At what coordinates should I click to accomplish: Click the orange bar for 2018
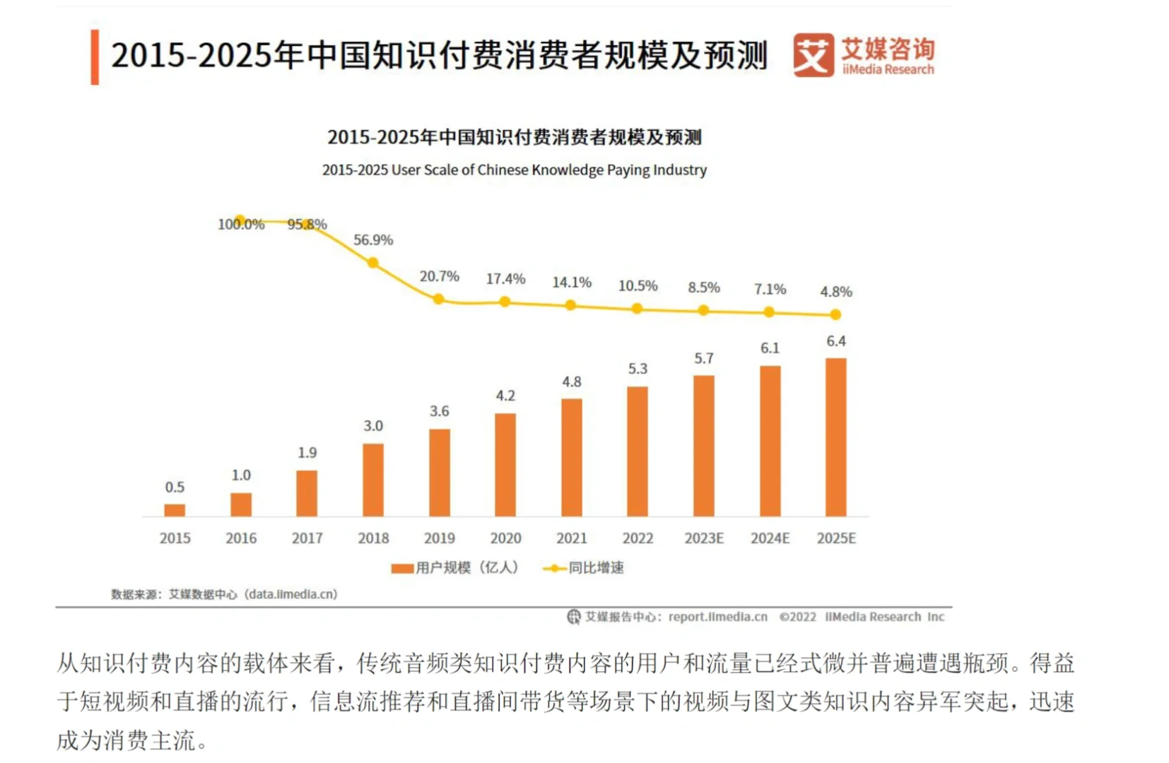click(x=372, y=480)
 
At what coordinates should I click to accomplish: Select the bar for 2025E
click(x=835, y=437)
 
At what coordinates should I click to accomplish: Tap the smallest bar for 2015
click(x=175, y=510)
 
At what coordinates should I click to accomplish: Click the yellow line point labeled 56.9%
click(x=372, y=263)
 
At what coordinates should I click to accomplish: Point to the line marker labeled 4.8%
click(x=835, y=314)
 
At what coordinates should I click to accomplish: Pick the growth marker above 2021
click(x=570, y=305)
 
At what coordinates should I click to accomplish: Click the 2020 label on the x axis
click(x=505, y=538)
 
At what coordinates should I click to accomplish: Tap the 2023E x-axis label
click(x=704, y=538)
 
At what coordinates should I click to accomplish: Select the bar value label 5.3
click(x=638, y=369)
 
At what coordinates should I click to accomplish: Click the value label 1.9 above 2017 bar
click(x=307, y=453)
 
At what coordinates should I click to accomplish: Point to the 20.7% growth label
click(x=439, y=276)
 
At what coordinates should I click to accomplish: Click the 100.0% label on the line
click(x=241, y=225)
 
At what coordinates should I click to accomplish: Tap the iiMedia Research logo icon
click(x=813, y=55)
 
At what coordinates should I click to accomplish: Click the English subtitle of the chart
click(x=514, y=170)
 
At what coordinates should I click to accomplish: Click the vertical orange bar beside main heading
click(x=95, y=57)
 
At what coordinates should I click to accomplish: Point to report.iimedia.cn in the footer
click(x=717, y=617)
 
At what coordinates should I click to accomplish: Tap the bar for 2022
click(x=637, y=451)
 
